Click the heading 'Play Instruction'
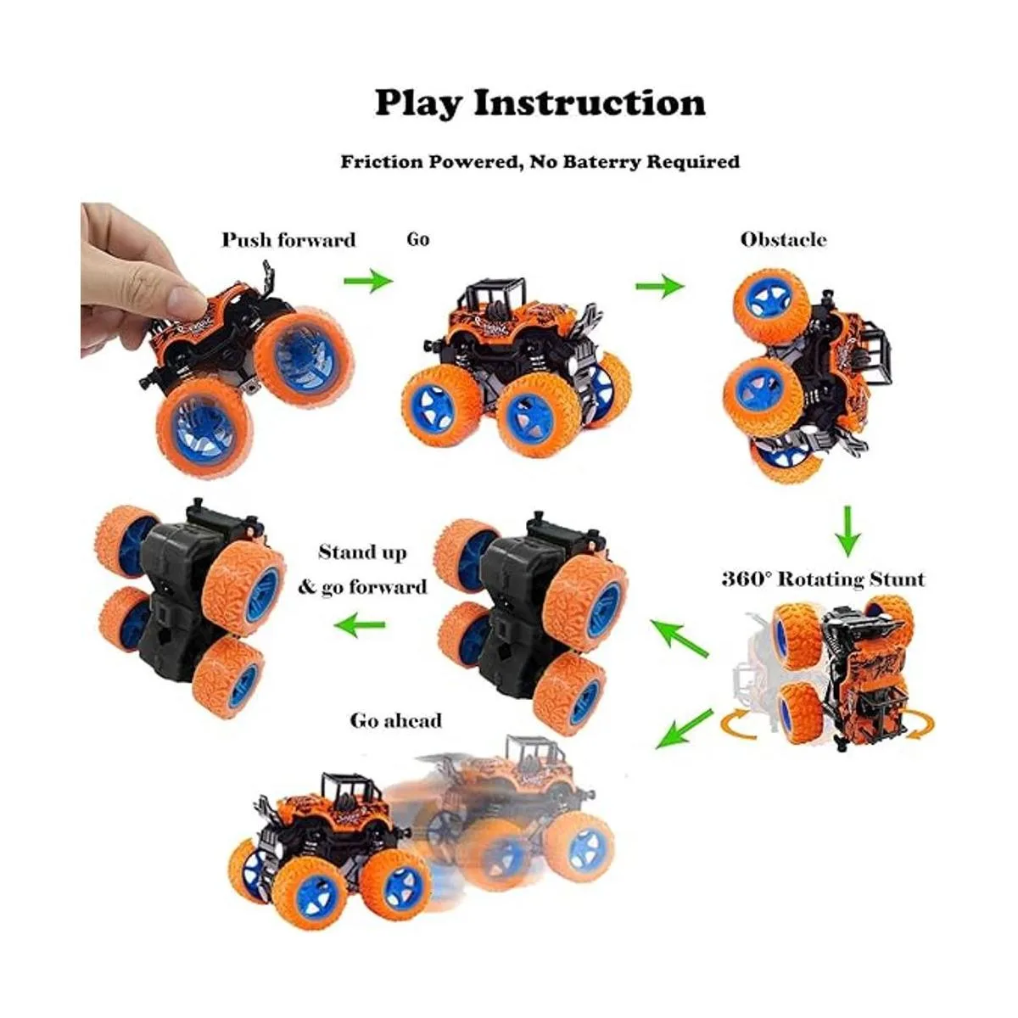(x=540, y=103)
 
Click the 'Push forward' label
(x=288, y=240)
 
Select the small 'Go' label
(x=418, y=239)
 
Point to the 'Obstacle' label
(x=783, y=239)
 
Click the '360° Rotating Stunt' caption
(x=822, y=579)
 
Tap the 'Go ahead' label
(x=396, y=720)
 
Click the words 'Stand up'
(x=362, y=553)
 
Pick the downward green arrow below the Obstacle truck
(x=847, y=531)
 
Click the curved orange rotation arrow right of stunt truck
(x=918, y=724)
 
